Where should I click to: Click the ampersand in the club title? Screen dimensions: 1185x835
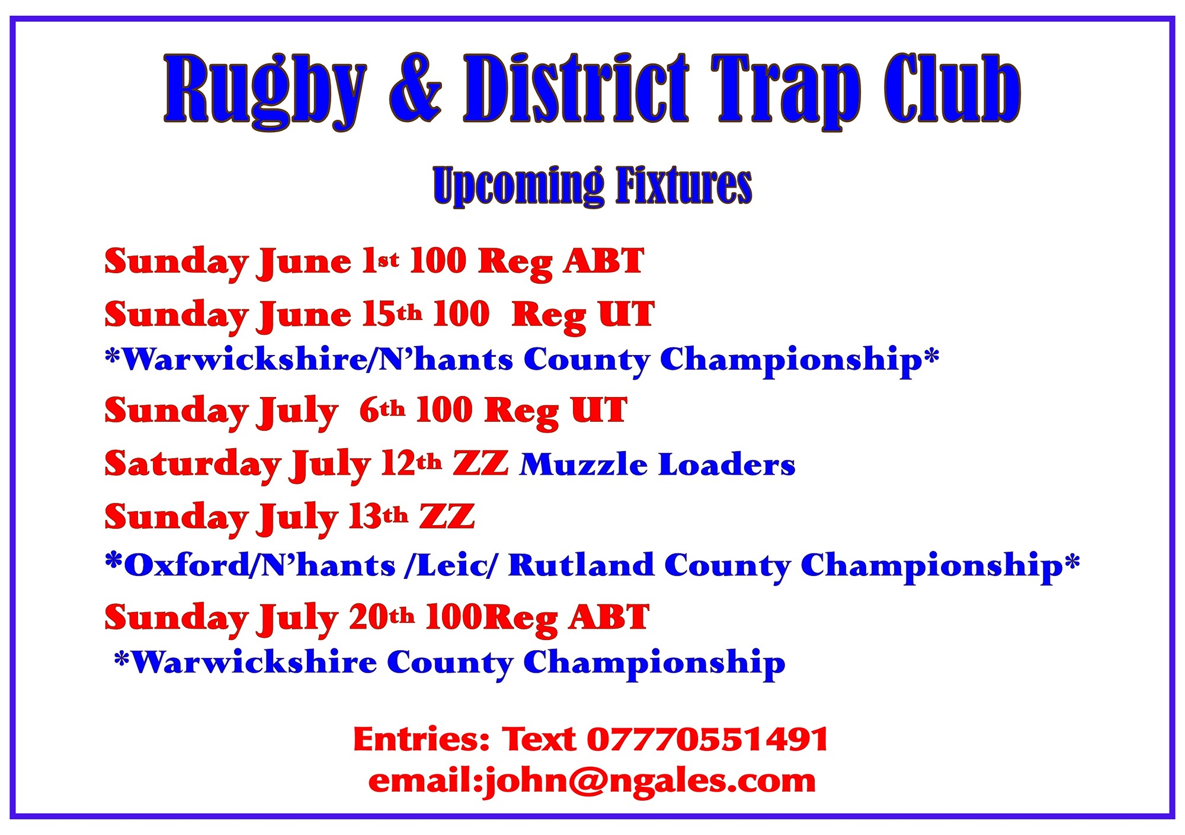tap(415, 89)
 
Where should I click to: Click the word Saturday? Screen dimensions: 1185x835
tap(193, 463)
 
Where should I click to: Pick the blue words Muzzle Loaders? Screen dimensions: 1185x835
tap(658, 464)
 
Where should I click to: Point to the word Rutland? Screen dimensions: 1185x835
tap(581, 564)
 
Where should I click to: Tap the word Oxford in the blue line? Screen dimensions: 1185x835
tap(187, 564)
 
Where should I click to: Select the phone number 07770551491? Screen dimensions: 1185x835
tap(707, 739)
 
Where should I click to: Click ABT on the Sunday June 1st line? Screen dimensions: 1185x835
tap(604, 260)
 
